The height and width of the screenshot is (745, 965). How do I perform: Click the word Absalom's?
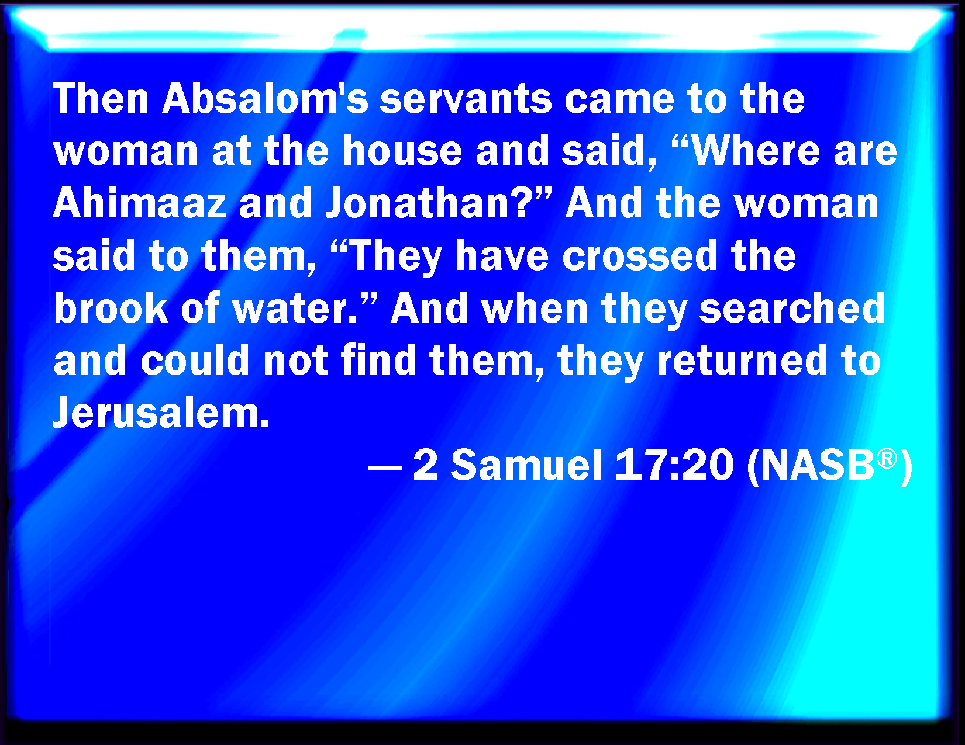(x=266, y=98)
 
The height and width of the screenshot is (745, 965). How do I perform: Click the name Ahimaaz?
(x=140, y=202)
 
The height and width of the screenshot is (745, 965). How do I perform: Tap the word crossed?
(x=640, y=255)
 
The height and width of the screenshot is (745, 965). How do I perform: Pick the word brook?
(x=111, y=307)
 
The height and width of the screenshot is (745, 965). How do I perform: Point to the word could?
(x=195, y=360)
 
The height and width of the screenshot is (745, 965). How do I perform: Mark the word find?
(x=379, y=360)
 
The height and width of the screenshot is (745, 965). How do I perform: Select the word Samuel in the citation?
(x=526, y=465)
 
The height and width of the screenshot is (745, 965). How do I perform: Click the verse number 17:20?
(x=674, y=465)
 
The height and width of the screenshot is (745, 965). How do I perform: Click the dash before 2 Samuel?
(x=385, y=468)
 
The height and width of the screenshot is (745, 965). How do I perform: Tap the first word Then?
(x=101, y=98)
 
